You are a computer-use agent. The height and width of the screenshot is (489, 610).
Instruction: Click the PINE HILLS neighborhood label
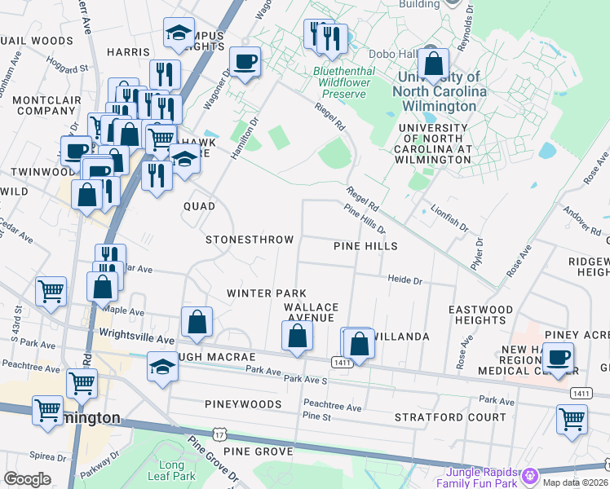point(365,246)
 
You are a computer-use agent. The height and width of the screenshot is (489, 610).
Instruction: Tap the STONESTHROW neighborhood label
point(250,240)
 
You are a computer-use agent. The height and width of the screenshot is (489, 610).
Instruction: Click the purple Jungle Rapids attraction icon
point(531,474)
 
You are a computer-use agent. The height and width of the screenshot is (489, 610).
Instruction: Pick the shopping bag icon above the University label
point(434,62)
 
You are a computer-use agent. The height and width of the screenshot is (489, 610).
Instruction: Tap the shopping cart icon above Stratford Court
point(572,419)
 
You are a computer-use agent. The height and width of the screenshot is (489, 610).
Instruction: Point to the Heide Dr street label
point(404,280)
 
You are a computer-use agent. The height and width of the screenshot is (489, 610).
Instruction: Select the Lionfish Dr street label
point(449,214)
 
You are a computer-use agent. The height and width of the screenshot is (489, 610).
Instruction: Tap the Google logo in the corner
point(27,479)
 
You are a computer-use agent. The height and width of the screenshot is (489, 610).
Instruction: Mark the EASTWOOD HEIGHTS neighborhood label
point(481,315)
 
